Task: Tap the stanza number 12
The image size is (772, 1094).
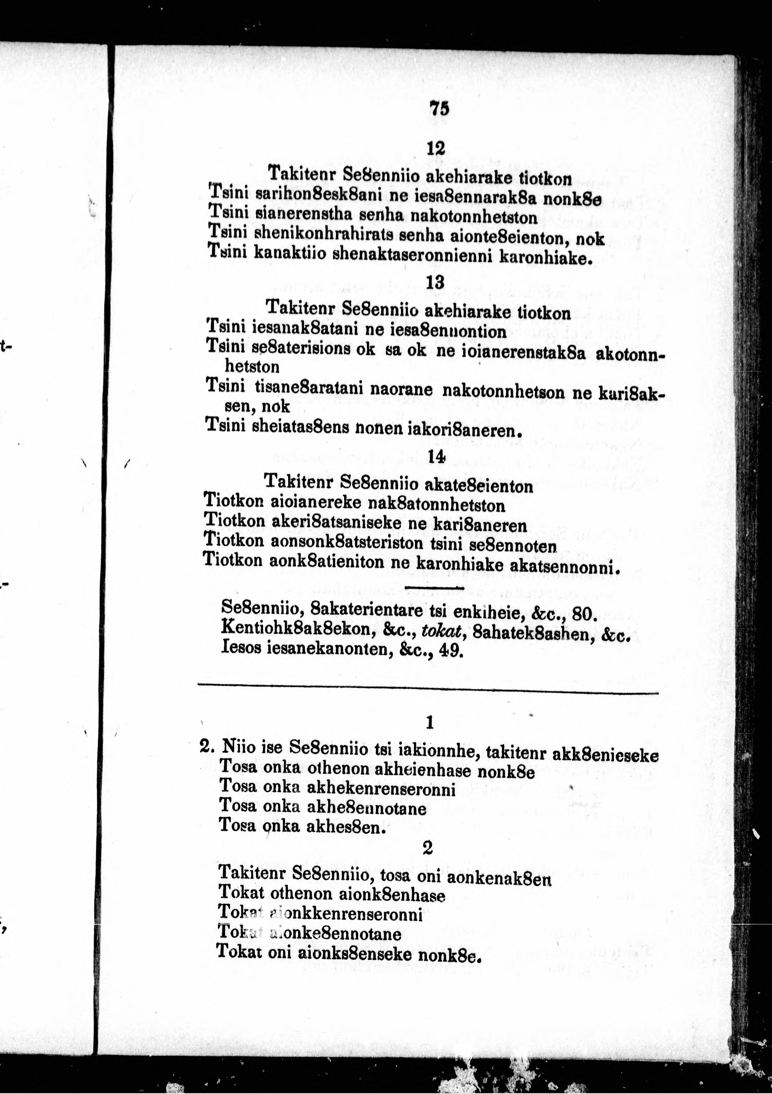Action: [435, 149]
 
